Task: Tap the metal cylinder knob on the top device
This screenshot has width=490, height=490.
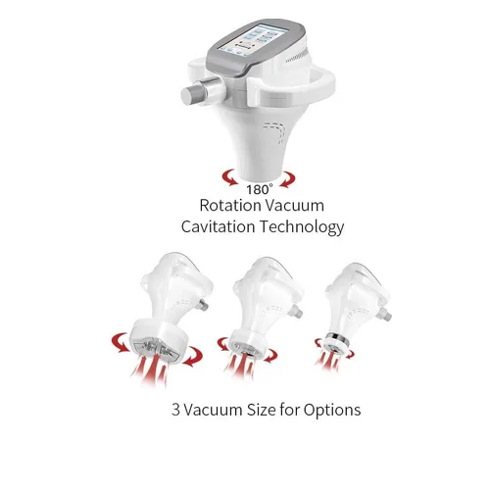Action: pos(203,90)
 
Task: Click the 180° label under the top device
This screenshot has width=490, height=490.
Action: pos(259,189)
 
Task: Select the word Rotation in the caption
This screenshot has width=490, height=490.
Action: pos(229,206)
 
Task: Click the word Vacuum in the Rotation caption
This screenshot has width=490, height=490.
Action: pos(294,206)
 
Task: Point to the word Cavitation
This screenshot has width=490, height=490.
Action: pos(218,226)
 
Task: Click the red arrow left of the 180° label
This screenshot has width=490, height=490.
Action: pos(230,177)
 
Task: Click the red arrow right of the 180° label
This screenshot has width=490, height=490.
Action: pos(287,179)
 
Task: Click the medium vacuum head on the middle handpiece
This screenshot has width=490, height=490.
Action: pos(247,343)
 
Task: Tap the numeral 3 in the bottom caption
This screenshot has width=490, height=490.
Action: pos(175,410)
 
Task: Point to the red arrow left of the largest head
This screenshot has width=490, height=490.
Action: pos(121,342)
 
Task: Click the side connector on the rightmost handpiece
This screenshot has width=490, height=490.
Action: pos(384,314)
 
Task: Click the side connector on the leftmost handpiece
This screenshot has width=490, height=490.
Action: pos(203,305)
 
